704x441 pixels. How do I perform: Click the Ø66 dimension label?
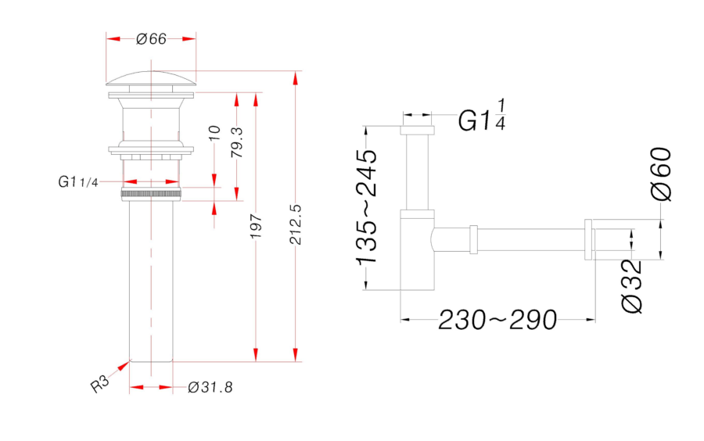[151, 39]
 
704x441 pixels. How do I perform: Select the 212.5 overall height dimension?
[296, 224]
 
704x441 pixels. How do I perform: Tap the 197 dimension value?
[256, 226]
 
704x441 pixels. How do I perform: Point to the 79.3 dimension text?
[236, 142]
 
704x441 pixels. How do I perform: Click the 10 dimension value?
[214, 133]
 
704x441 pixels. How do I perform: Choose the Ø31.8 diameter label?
[210, 387]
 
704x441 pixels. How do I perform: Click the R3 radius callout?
[99, 384]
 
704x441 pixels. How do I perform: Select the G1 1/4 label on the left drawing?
[77, 181]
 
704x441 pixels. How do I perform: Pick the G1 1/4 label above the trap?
[482, 116]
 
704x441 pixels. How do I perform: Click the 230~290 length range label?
[497, 320]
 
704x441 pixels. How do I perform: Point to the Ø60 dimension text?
[661, 174]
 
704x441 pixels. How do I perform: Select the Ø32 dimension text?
[632, 286]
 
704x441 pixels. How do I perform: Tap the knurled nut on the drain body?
[151, 195]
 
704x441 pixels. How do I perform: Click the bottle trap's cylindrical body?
[418, 250]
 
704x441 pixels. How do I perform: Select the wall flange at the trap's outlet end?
[589, 239]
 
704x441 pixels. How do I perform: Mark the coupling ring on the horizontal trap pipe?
[473, 239]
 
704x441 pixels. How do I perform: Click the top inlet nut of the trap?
[418, 131]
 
